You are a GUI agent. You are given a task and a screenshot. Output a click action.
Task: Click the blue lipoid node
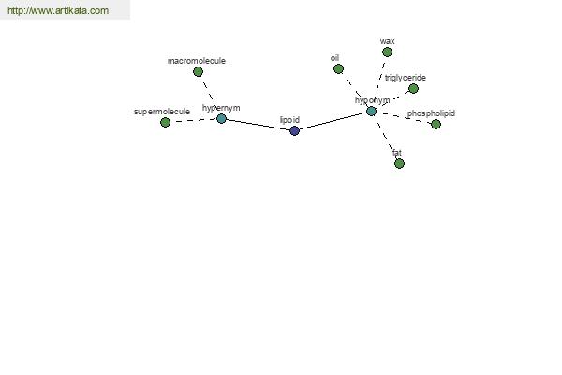294,130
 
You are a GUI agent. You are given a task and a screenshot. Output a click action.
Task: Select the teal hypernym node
221,118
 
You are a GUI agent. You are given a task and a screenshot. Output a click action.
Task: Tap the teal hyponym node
371,111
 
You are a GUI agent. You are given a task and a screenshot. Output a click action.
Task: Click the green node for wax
387,52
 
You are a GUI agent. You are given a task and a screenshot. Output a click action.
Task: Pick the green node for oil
338,68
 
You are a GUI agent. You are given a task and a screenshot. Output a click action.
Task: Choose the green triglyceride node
413,89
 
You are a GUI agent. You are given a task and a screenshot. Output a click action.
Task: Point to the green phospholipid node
436,124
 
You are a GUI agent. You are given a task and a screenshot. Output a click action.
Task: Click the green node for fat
399,164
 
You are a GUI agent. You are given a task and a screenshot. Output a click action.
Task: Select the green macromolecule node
198,72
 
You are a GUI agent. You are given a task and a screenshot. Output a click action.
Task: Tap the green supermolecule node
165,123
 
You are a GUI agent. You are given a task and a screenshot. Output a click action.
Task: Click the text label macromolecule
197,61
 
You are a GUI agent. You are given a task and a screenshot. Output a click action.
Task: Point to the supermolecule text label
162,112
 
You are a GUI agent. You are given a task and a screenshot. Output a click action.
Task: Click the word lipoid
289,120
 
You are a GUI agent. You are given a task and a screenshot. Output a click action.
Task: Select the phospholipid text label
431,113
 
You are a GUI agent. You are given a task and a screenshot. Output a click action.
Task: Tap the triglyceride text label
406,78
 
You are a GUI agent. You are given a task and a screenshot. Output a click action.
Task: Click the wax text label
387,41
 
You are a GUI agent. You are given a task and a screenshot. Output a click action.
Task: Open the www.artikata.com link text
58,10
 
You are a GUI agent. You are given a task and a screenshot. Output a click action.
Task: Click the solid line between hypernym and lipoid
259,125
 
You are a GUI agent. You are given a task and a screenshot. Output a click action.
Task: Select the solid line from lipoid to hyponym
333,121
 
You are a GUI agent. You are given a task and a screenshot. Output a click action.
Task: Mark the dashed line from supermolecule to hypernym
193,120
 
